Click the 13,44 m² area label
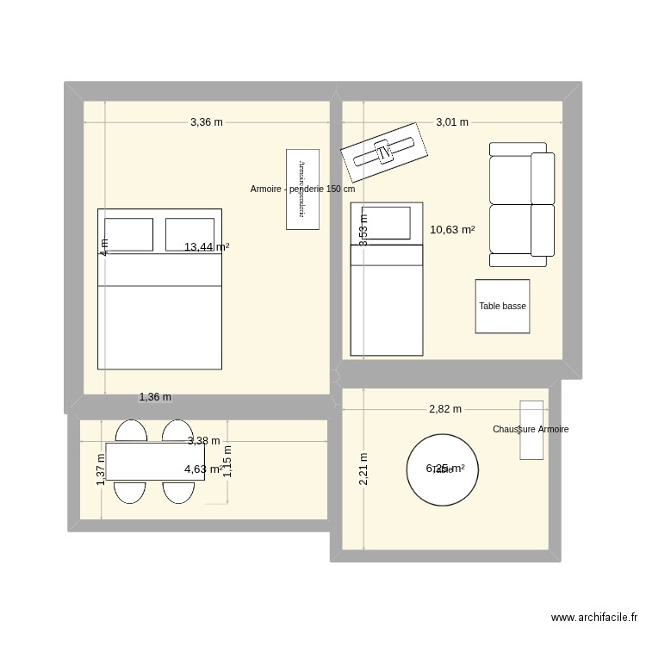tap(207, 247)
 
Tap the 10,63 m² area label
tap(452, 230)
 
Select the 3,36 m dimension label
tap(207, 122)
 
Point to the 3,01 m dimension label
tap(452, 122)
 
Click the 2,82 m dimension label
tap(445, 409)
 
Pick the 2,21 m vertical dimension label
tap(364, 469)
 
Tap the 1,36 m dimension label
tap(155, 397)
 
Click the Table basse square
tap(502, 306)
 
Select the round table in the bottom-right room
tap(443, 469)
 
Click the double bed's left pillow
tap(127, 234)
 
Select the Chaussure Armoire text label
tap(531, 429)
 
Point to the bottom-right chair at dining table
tap(177, 492)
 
